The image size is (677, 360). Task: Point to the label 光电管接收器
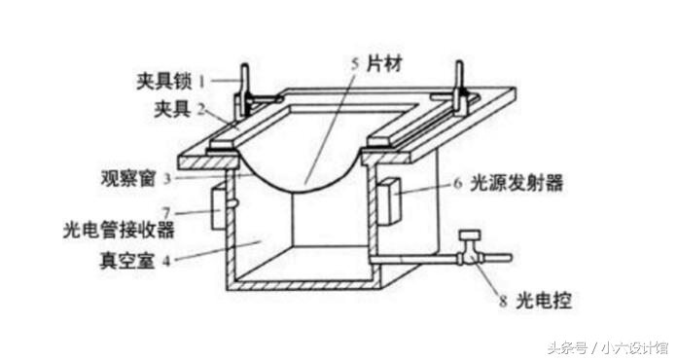(x=117, y=230)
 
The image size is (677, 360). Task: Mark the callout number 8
(x=503, y=303)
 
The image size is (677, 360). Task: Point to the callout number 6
(x=457, y=182)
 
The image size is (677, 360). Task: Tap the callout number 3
(x=167, y=178)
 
